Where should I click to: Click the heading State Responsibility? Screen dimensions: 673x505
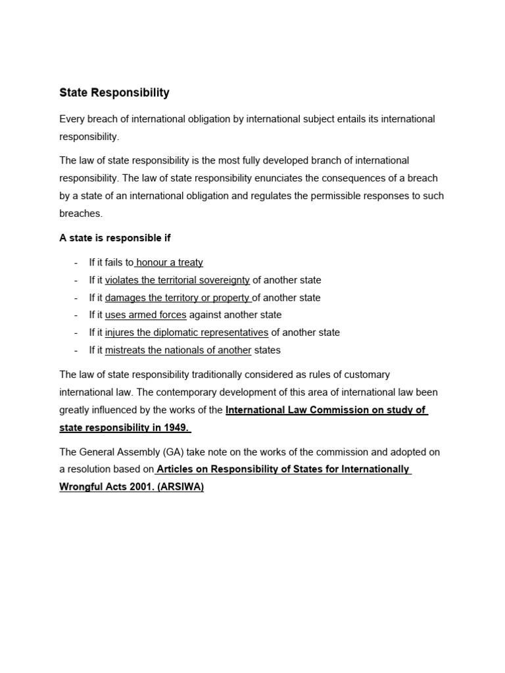click(114, 93)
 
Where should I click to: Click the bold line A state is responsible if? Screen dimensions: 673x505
click(115, 238)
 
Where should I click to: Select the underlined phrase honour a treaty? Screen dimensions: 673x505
click(169, 262)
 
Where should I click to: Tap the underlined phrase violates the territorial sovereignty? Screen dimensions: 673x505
click(177, 280)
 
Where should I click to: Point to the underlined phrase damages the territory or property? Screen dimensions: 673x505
click(178, 298)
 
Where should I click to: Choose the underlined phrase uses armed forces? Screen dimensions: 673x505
click(145, 315)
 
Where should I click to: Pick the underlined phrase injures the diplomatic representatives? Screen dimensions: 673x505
click(186, 333)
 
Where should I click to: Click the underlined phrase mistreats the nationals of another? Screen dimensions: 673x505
click(178, 350)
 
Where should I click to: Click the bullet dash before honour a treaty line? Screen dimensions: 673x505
click(76, 263)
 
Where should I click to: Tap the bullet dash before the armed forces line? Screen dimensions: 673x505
click(76, 315)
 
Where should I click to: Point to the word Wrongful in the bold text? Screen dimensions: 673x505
click(81, 488)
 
